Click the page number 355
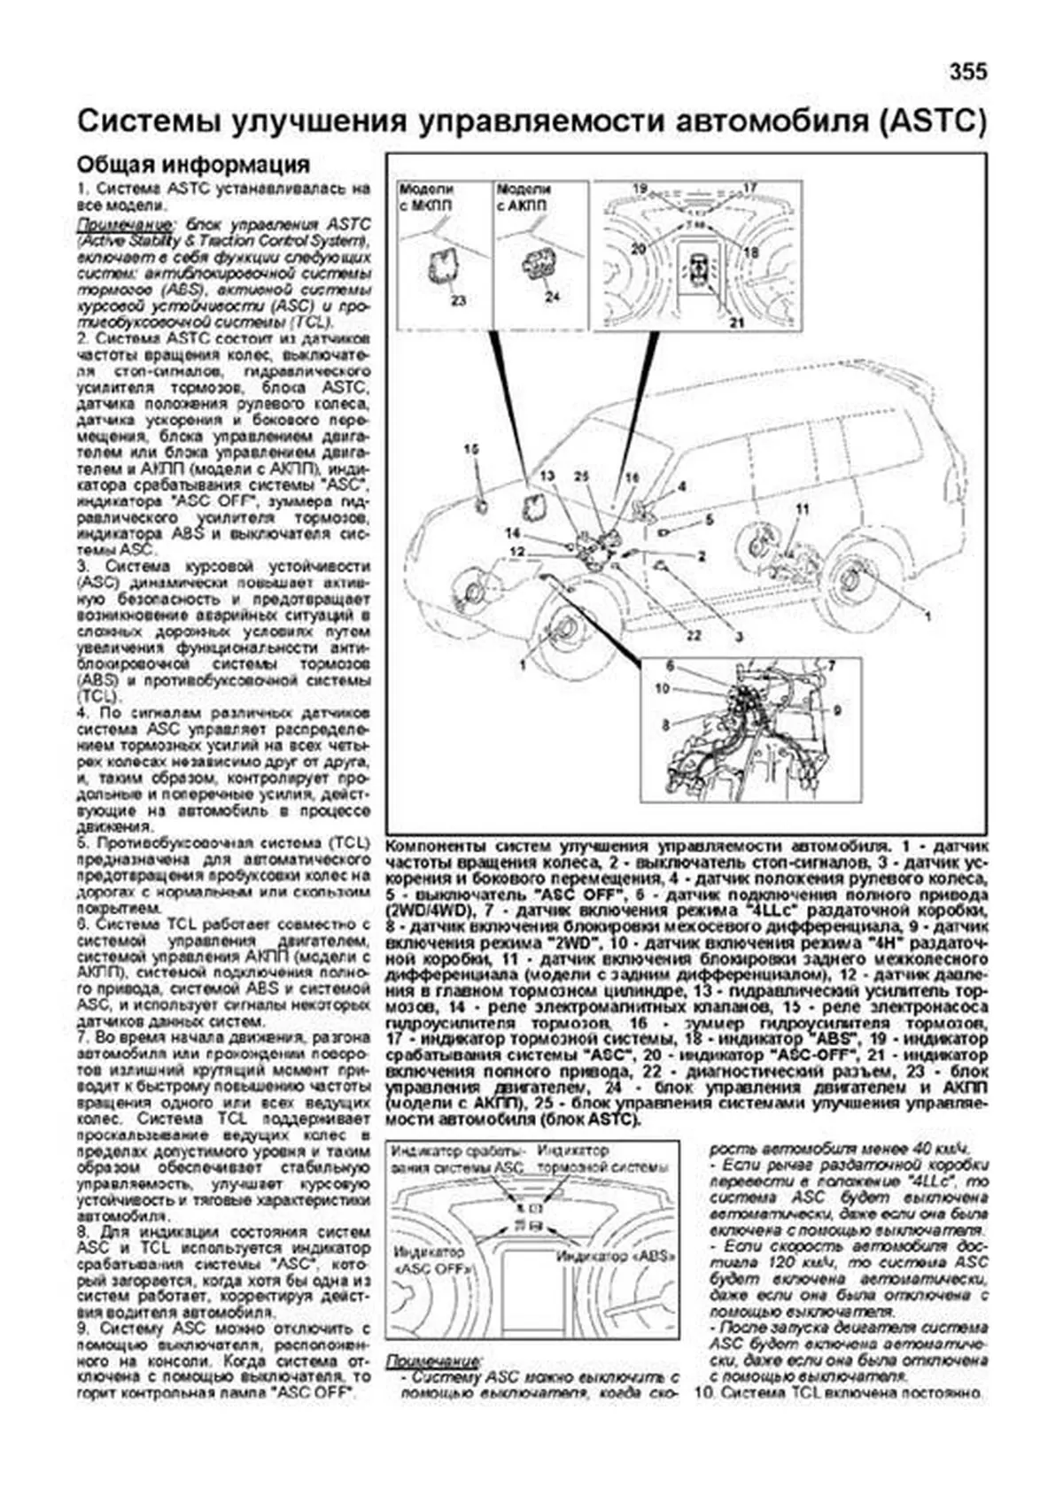tap(967, 72)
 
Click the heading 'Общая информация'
tap(193, 165)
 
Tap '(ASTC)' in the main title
tap(933, 121)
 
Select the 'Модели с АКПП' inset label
tap(524, 198)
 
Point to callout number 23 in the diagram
tap(457, 300)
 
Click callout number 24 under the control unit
tap(552, 296)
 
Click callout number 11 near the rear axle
tap(803, 509)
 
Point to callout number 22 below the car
tap(694, 634)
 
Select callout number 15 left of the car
tap(470, 450)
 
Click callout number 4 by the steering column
tap(682, 486)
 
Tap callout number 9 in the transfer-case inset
tap(836, 709)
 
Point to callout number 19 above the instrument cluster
tap(641, 189)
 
